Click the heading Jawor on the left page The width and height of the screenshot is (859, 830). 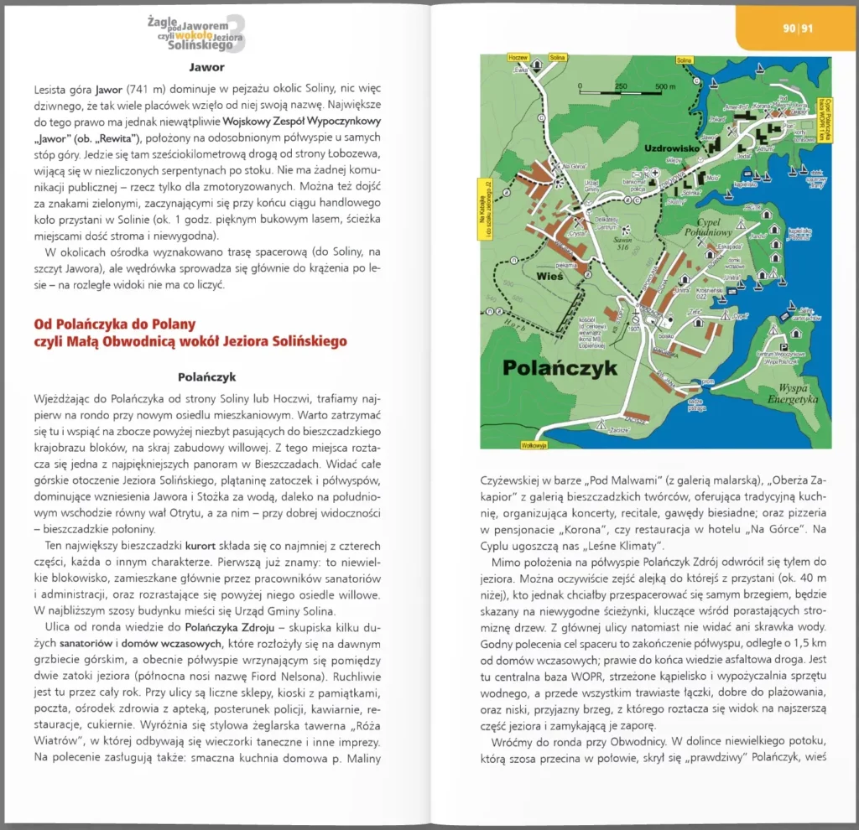pos(206,67)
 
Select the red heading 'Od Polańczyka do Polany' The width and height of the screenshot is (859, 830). pos(114,324)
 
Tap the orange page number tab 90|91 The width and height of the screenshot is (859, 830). pos(797,29)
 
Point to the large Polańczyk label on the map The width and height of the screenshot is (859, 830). pos(560,366)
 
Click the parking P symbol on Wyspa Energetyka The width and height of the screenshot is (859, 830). pos(784,347)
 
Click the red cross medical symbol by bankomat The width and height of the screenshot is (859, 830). pos(655,174)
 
